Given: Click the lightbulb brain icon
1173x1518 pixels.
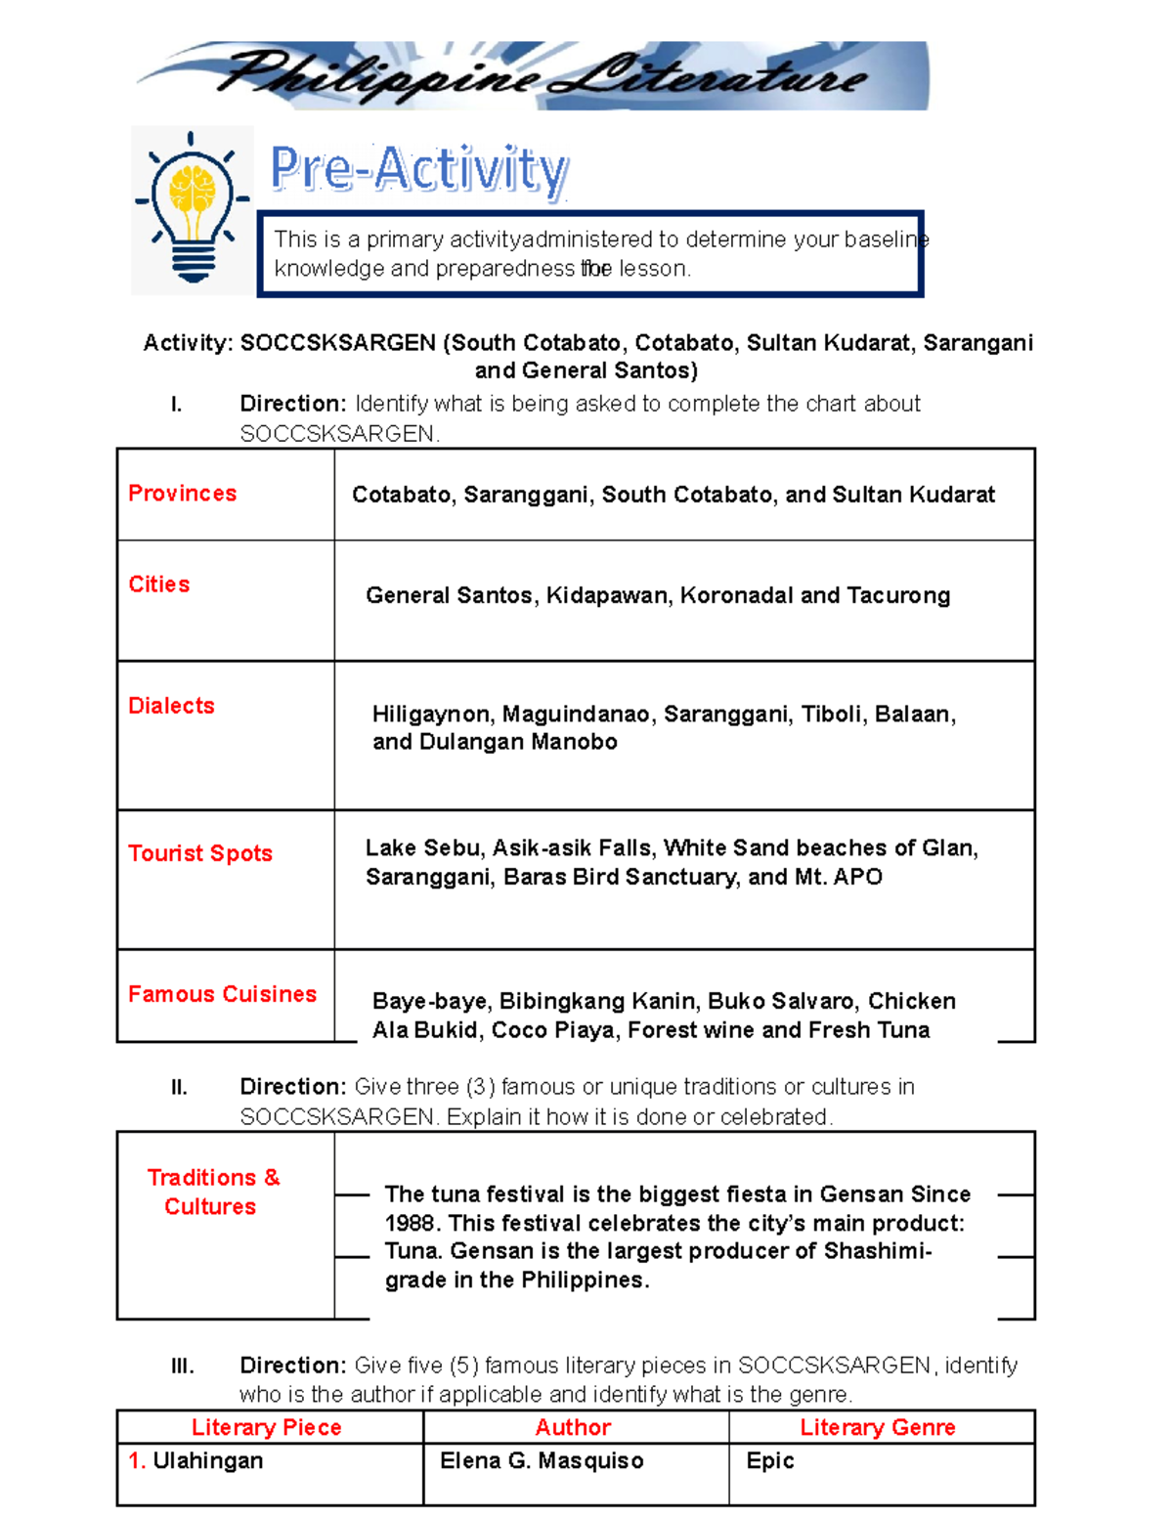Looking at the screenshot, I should pos(193,209).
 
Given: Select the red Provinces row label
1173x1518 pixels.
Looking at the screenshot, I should pos(183,494).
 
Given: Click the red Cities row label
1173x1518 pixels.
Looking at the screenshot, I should pos(159,585).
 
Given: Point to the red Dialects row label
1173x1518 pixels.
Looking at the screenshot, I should pos(171,706).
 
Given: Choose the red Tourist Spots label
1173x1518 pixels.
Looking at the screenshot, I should pos(200,853).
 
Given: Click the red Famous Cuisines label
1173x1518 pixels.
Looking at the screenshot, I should pos(222,994).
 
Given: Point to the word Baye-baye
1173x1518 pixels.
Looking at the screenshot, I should pos(430,1002).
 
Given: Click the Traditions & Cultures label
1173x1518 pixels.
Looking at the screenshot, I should pos(212,1192).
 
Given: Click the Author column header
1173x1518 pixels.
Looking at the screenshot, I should pos(573,1427).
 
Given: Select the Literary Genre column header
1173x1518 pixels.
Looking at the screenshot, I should pos(877,1427).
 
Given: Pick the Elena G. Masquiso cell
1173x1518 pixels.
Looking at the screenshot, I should pos(542,1461).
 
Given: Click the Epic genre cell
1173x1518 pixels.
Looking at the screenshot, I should pos(769,1461).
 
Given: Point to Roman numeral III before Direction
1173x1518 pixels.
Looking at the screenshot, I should pos(183,1366).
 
